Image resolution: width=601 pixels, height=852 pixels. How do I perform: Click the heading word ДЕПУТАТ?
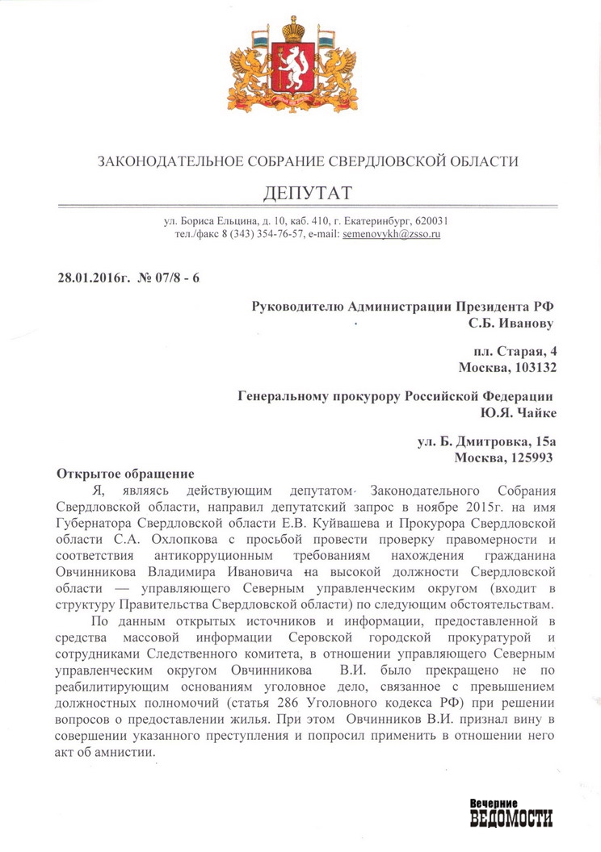tap(308, 194)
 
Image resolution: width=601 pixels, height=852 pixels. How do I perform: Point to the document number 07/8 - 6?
tap(170, 278)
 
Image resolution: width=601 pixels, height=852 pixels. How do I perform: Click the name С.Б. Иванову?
tap(511, 323)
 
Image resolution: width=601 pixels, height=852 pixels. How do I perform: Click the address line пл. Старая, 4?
tap(515, 352)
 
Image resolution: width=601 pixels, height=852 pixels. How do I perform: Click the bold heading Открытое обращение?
tap(125, 473)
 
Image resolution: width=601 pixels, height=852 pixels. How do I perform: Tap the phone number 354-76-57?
tap(279, 235)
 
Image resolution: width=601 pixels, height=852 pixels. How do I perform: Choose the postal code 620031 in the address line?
tap(431, 220)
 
